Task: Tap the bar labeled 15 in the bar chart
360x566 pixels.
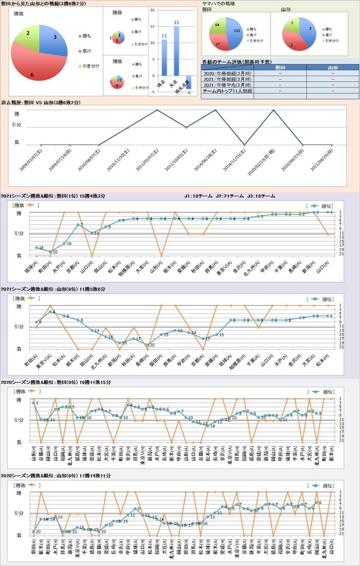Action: coord(176,51)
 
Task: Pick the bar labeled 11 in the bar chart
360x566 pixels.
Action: coord(164,57)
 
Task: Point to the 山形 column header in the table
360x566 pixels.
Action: coord(333,68)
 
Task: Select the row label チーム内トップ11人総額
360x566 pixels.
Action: coord(227,91)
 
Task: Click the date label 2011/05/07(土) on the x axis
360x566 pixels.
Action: coord(147,160)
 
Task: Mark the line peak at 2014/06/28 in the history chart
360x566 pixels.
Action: coord(215,110)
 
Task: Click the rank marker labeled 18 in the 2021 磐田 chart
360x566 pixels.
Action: coord(36,248)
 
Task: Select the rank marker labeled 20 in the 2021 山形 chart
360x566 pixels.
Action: coord(147,345)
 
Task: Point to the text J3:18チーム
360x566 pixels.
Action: coord(261,196)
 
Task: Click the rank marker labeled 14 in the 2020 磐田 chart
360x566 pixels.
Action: coord(208,425)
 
